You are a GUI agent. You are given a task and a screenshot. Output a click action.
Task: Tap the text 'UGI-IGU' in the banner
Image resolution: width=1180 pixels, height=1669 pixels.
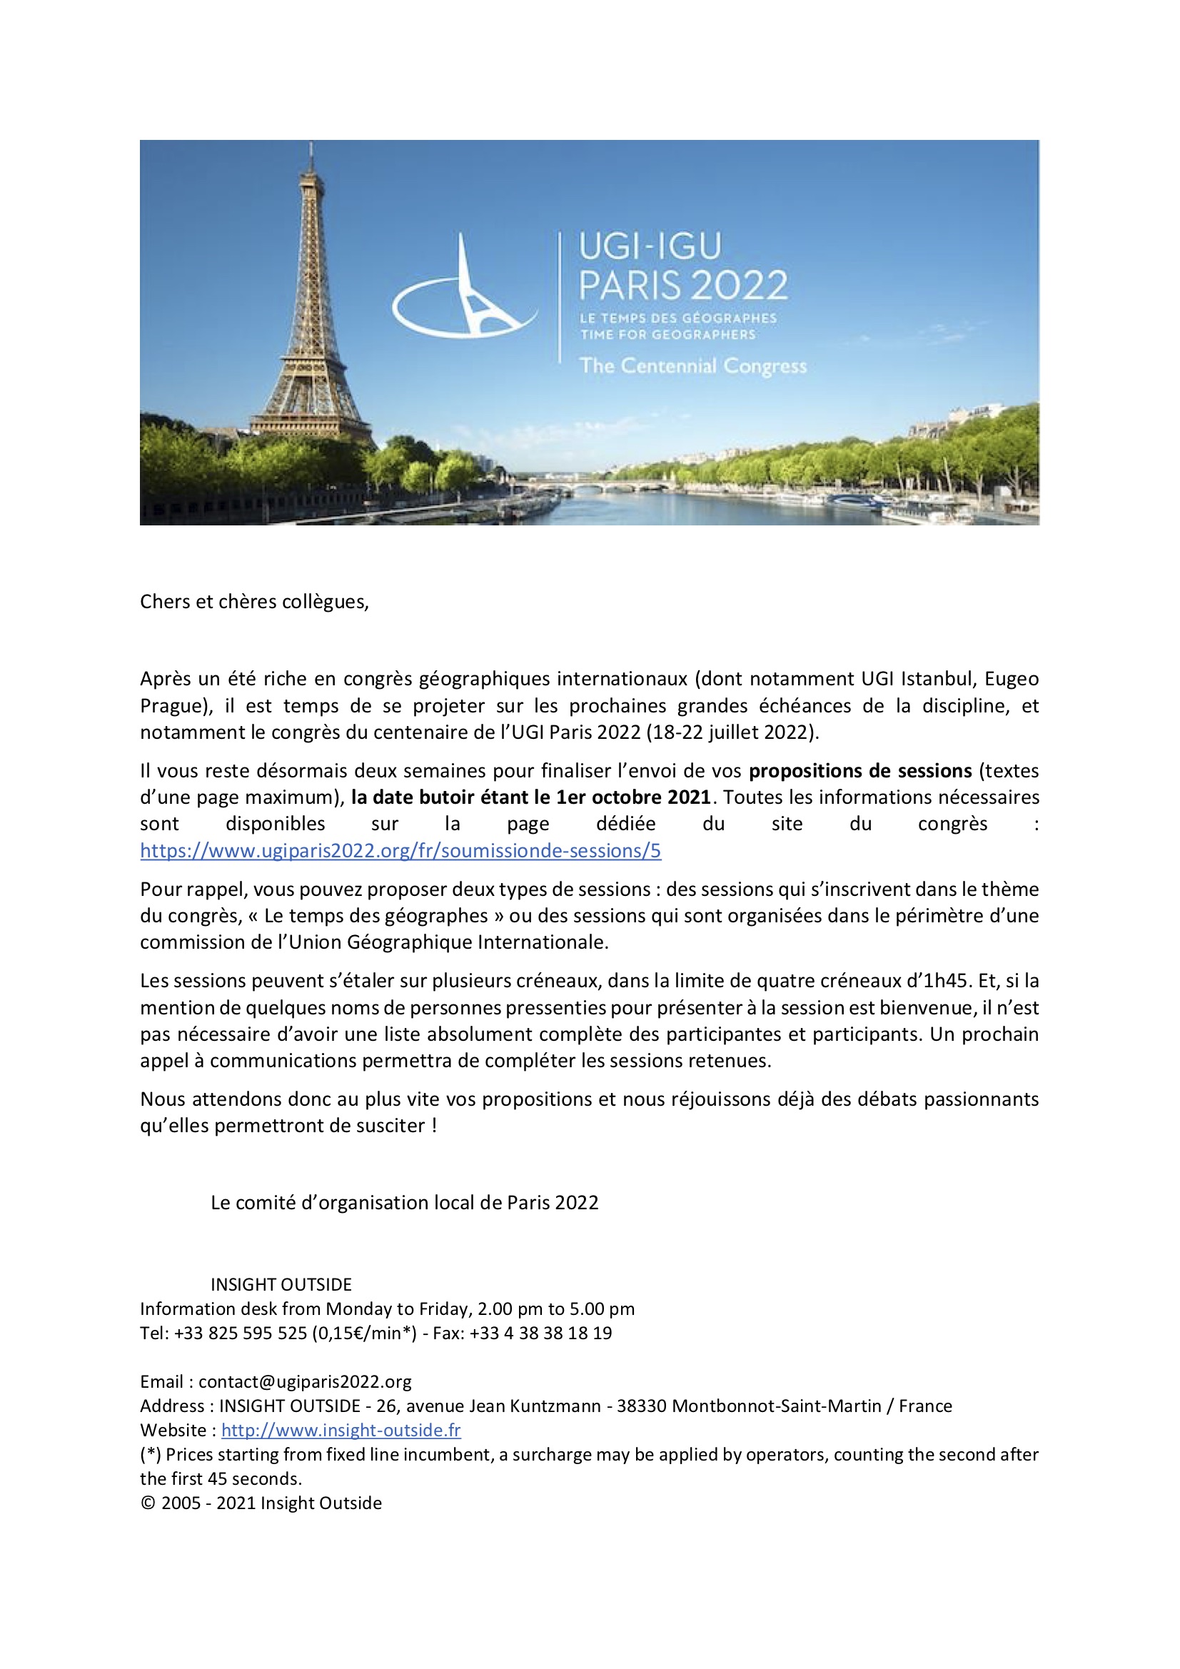pos(650,247)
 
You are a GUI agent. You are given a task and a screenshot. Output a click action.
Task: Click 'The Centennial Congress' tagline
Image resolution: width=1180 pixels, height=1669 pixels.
pos(693,365)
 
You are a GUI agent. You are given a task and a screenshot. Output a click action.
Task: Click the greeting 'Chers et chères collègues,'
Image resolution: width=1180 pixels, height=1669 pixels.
pos(254,602)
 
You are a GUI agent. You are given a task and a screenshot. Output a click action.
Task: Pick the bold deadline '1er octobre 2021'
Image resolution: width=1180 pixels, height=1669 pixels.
pos(633,797)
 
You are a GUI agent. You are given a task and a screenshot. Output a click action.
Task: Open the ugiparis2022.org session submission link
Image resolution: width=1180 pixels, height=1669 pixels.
pos(400,850)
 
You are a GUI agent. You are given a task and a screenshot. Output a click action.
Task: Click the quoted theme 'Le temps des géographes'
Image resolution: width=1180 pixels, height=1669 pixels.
pos(376,916)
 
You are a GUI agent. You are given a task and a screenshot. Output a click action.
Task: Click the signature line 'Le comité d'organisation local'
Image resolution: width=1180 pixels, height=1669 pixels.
pos(404,1203)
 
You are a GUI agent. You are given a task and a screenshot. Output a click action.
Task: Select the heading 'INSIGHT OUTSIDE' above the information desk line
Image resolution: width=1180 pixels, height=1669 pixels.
pos(281,1285)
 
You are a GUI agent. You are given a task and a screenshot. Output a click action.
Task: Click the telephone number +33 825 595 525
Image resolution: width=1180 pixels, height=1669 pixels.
pos(240,1333)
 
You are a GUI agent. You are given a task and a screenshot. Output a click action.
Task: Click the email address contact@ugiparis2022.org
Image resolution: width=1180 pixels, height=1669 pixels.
pos(305,1382)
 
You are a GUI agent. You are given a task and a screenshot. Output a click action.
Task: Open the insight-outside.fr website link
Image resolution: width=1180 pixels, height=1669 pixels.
pos(341,1431)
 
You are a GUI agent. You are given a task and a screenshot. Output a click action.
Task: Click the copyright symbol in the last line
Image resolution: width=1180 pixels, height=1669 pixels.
pos(148,1503)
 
